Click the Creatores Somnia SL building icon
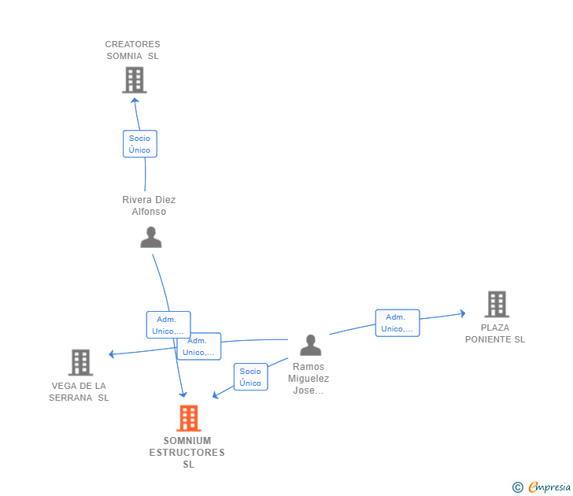[x=135, y=80]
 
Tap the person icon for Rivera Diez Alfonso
[x=151, y=237]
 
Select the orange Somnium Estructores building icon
[x=188, y=418]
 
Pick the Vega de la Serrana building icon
[x=80, y=363]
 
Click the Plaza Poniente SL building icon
[x=497, y=304]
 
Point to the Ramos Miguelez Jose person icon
[x=311, y=346]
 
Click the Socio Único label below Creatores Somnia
[x=140, y=144]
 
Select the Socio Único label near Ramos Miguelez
[x=250, y=377]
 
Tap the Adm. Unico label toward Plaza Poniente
[x=397, y=323]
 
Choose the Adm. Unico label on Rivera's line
[x=168, y=325]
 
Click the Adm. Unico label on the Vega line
[x=198, y=346]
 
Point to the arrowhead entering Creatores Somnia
[x=135, y=100]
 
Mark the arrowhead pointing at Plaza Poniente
[x=462, y=314]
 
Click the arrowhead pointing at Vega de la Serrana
[x=113, y=354]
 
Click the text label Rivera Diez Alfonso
[x=149, y=205]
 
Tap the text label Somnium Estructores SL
[x=187, y=452]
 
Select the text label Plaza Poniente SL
[x=494, y=333]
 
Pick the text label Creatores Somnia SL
[x=132, y=50]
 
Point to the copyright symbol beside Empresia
[x=518, y=488]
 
